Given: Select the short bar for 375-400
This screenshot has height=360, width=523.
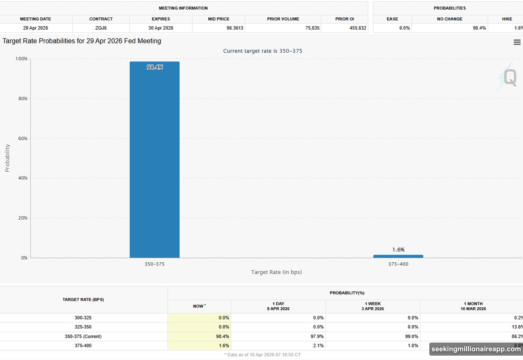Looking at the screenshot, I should click(x=398, y=256).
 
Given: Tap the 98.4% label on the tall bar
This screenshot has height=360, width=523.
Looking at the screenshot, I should click(x=155, y=67).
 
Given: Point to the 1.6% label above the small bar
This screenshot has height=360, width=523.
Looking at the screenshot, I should click(x=398, y=250).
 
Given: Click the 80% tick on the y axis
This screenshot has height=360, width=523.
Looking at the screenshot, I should click(x=22, y=98).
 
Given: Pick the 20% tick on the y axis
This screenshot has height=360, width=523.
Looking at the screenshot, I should click(x=22, y=218).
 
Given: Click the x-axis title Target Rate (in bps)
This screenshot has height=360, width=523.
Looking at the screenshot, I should click(x=276, y=272).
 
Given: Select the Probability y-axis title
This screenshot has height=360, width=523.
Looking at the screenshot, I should click(x=7, y=158).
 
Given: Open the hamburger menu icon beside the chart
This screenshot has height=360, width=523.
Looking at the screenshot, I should click(x=517, y=42).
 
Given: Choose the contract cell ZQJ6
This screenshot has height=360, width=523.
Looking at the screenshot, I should click(x=101, y=28).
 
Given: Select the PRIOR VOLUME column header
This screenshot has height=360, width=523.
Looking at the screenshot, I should click(x=283, y=19).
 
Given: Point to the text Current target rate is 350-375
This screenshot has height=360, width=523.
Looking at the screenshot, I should click(x=262, y=51).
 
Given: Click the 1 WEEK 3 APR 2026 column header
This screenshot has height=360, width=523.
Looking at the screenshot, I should click(x=373, y=306).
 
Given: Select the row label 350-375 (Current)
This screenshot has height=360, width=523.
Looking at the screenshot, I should click(x=83, y=336).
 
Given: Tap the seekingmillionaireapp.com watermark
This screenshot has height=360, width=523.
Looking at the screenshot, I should click(x=475, y=349).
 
